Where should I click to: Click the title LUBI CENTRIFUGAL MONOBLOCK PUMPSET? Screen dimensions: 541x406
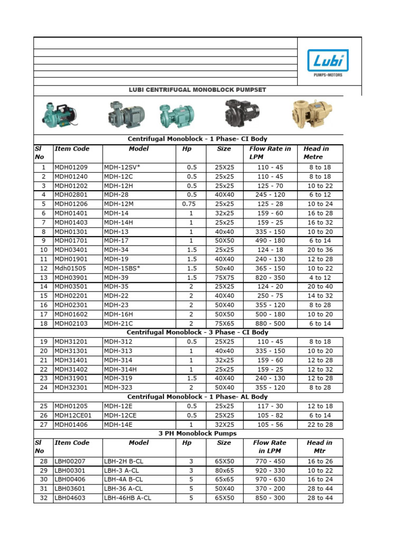[x=198, y=90]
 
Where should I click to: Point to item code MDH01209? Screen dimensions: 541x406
[x=71, y=167]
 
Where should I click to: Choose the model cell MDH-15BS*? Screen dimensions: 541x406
[x=122, y=268]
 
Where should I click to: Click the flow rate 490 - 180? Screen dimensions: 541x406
[x=270, y=240]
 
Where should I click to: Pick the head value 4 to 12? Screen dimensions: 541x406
[x=320, y=277]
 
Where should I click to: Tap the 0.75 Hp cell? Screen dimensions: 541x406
[x=191, y=204]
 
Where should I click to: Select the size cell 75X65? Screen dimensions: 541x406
[x=224, y=323]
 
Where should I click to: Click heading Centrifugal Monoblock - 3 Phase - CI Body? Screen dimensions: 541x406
[x=198, y=332]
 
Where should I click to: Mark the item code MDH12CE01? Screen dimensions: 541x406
[x=73, y=415]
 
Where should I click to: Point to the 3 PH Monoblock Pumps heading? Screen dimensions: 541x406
[x=198, y=433]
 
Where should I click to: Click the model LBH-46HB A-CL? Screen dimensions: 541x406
[x=128, y=498]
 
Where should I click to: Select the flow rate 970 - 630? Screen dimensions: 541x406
[x=270, y=479]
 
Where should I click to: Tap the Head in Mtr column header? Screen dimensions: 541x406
[x=319, y=447]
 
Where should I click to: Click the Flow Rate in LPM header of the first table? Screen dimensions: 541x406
[x=270, y=153]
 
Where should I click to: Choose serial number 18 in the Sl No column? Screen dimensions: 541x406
[x=43, y=323]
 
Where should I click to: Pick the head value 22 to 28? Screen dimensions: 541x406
[x=320, y=425]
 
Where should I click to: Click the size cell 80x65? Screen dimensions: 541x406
[x=224, y=470]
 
